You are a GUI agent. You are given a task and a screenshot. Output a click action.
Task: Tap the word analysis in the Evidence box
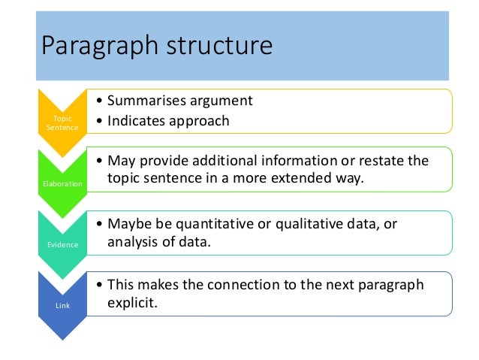pos(132,243)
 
